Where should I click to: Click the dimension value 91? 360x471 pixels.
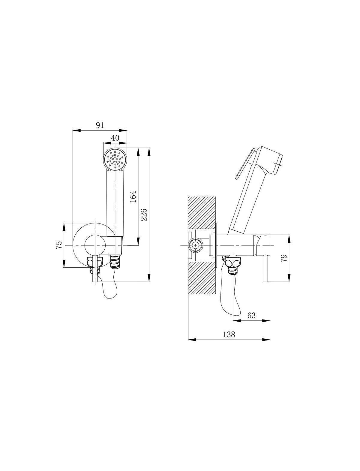coord(100,125)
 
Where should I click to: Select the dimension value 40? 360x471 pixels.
coord(115,138)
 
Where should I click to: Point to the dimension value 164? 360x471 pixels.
coord(133,196)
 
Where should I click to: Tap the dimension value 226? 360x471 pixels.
coord(144,214)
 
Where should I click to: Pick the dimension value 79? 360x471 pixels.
coord(284,258)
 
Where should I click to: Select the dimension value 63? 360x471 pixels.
coord(251,315)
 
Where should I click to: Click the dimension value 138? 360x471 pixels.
coord(229,334)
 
